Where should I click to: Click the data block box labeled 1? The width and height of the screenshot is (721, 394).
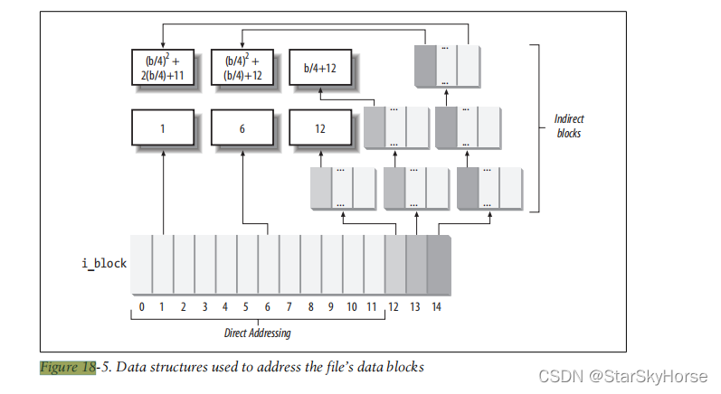point(162,128)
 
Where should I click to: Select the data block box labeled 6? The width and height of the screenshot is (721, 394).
point(242,128)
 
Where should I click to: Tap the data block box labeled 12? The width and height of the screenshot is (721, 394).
point(320,128)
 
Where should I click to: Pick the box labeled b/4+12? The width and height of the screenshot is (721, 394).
point(320,68)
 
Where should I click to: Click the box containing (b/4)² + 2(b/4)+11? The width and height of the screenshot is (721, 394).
point(162,68)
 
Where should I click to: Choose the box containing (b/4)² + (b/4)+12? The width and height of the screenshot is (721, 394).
point(242,68)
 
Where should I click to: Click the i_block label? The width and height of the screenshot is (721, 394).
point(103,263)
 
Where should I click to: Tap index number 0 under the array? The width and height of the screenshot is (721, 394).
point(141,307)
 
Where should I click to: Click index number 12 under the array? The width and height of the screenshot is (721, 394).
point(394,307)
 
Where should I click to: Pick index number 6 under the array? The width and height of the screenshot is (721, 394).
point(268,307)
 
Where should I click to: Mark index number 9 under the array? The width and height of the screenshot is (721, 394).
point(331,307)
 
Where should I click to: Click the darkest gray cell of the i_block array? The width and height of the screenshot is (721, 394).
point(439,263)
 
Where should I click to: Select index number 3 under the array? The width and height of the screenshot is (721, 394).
point(204,307)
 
